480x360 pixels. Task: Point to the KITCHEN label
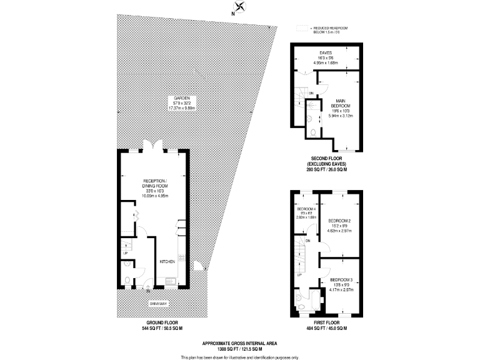pyautogui.click(x=166, y=261)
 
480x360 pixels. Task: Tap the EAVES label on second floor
pyautogui.click(x=326, y=52)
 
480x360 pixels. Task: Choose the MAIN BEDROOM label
pyautogui.click(x=341, y=103)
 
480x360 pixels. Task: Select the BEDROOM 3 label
pyautogui.click(x=341, y=279)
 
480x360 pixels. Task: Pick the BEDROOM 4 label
pyautogui.click(x=306, y=208)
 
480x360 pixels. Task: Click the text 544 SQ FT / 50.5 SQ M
pyautogui.click(x=153, y=327)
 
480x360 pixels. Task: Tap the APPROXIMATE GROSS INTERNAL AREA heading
pyautogui.click(x=240, y=343)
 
